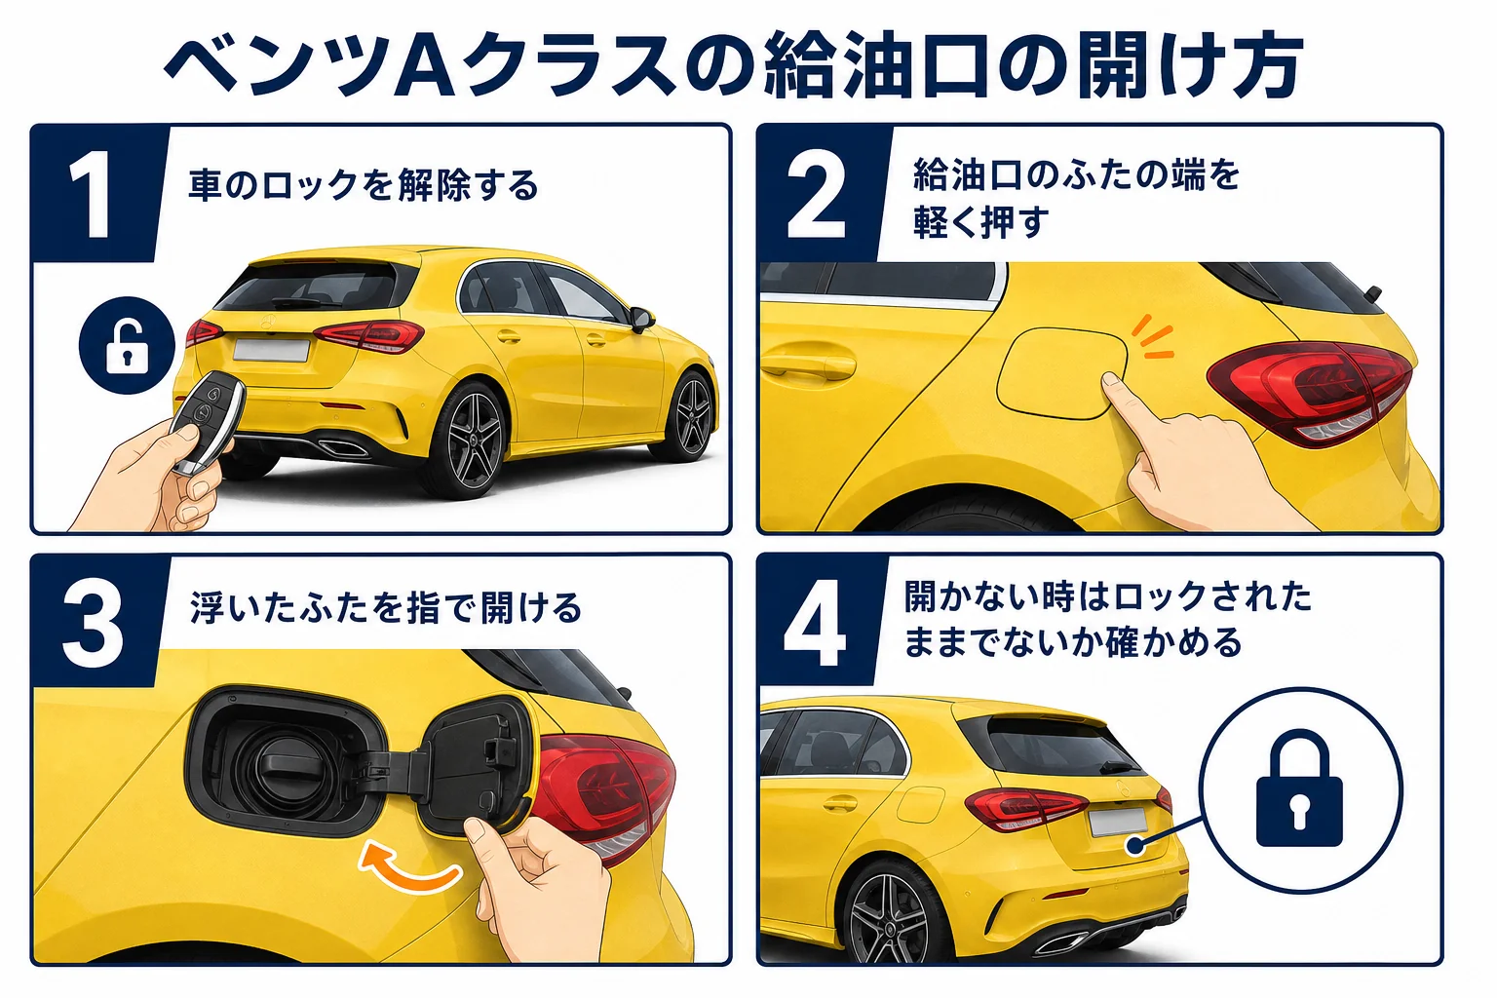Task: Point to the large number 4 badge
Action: pos(816,623)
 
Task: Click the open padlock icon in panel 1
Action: pos(127,346)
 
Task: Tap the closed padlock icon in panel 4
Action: pos(1299,788)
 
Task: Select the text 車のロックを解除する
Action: pos(363,186)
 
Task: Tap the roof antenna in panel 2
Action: pos(1372,294)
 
